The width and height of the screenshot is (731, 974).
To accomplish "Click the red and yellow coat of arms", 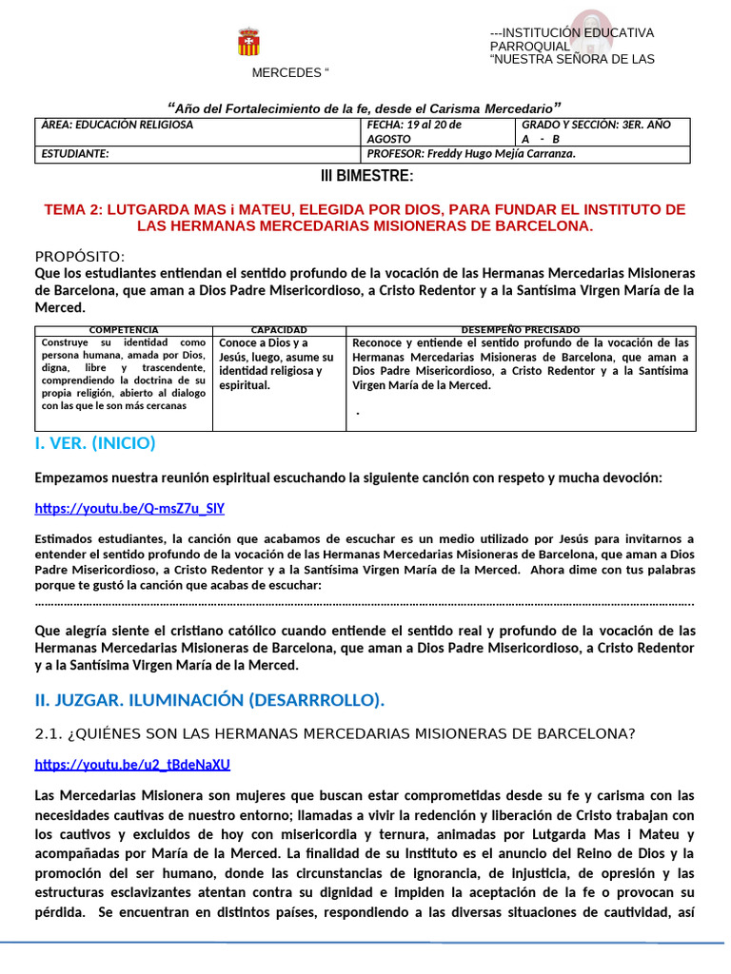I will [x=248, y=42].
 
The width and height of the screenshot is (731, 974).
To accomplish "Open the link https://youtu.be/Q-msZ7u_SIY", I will [x=129, y=508].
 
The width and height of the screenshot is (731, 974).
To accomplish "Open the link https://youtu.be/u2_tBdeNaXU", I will [x=132, y=765].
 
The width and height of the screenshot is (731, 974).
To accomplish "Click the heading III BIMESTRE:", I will [x=365, y=177].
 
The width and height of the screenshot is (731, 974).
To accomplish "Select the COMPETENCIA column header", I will [x=124, y=329].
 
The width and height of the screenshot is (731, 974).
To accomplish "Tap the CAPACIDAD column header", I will [x=279, y=329].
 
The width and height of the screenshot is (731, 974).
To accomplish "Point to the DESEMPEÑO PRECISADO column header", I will [x=520, y=329].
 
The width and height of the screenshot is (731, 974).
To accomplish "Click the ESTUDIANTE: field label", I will [x=75, y=154].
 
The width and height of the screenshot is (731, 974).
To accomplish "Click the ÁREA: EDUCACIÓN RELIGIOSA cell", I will [x=118, y=125].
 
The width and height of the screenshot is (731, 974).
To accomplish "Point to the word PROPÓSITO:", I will [x=80, y=257].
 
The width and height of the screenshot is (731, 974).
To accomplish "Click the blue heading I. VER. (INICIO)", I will [x=95, y=443].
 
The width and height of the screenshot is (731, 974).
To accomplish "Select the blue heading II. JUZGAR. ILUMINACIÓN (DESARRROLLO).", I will [x=209, y=701].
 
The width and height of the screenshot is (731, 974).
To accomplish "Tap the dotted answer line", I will [x=365, y=603].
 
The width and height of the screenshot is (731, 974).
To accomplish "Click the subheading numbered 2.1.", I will [x=335, y=733].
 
